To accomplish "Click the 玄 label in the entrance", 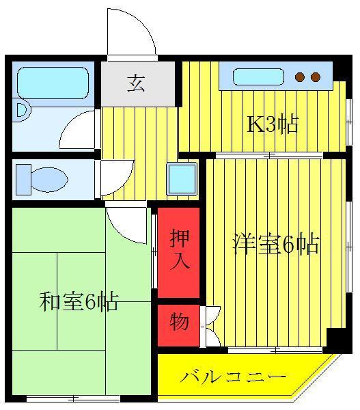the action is pos(136,83).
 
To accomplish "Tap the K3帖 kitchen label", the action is pos(273,125).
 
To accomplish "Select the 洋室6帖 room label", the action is pos(276,245).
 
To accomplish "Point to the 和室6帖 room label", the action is pos(79,301).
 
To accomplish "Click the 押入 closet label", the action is pos(180,249).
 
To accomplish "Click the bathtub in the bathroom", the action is pos(53,83).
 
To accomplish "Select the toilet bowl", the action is pos(50,180).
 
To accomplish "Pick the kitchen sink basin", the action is pos(258,77).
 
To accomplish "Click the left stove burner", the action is pos(300,77).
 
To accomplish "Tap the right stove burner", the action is pos(316,77).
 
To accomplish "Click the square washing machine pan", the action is pos(182,179).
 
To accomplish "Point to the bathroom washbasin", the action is pos(22,110).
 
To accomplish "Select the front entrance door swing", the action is pos(132,32).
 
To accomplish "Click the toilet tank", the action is pos(23,180).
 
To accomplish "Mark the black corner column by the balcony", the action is pos(336,340).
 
